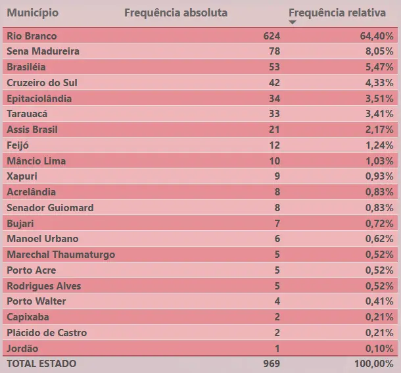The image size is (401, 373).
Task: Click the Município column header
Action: [x=32, y=13]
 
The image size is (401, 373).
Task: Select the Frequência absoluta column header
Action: [x=176, y=13]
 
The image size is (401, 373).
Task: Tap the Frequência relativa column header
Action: [x=337, y=13]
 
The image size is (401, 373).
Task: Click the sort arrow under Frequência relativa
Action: [x=293, y=23]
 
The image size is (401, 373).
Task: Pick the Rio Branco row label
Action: [x=32, y=36]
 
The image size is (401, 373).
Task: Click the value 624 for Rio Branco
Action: [x=271, y=36]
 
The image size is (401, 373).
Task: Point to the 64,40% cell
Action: [x=376, y=36]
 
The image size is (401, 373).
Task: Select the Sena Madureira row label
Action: [x=43, y=51]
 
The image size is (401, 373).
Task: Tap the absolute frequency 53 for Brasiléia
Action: [x=274, y=67]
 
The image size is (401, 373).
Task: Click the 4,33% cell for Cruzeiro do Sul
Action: [x=379, y=83]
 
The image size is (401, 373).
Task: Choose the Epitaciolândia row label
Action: [x=39, y=99]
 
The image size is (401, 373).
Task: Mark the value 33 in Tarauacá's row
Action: [x=274, y=114]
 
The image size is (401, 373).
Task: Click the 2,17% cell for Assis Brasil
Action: [x=379, y=130]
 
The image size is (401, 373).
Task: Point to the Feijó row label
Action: [x=18, y=145]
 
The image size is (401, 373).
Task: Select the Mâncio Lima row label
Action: [x=36, y=161]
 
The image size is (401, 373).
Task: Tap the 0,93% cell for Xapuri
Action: [x=379, y=176]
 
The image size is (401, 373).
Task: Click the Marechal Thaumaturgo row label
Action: [x=60, y=255]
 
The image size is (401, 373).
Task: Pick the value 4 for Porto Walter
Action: [x=277, y=301]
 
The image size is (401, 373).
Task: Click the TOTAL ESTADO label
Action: [x=41, y=364]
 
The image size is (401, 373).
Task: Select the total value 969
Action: [x=271, y=364]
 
